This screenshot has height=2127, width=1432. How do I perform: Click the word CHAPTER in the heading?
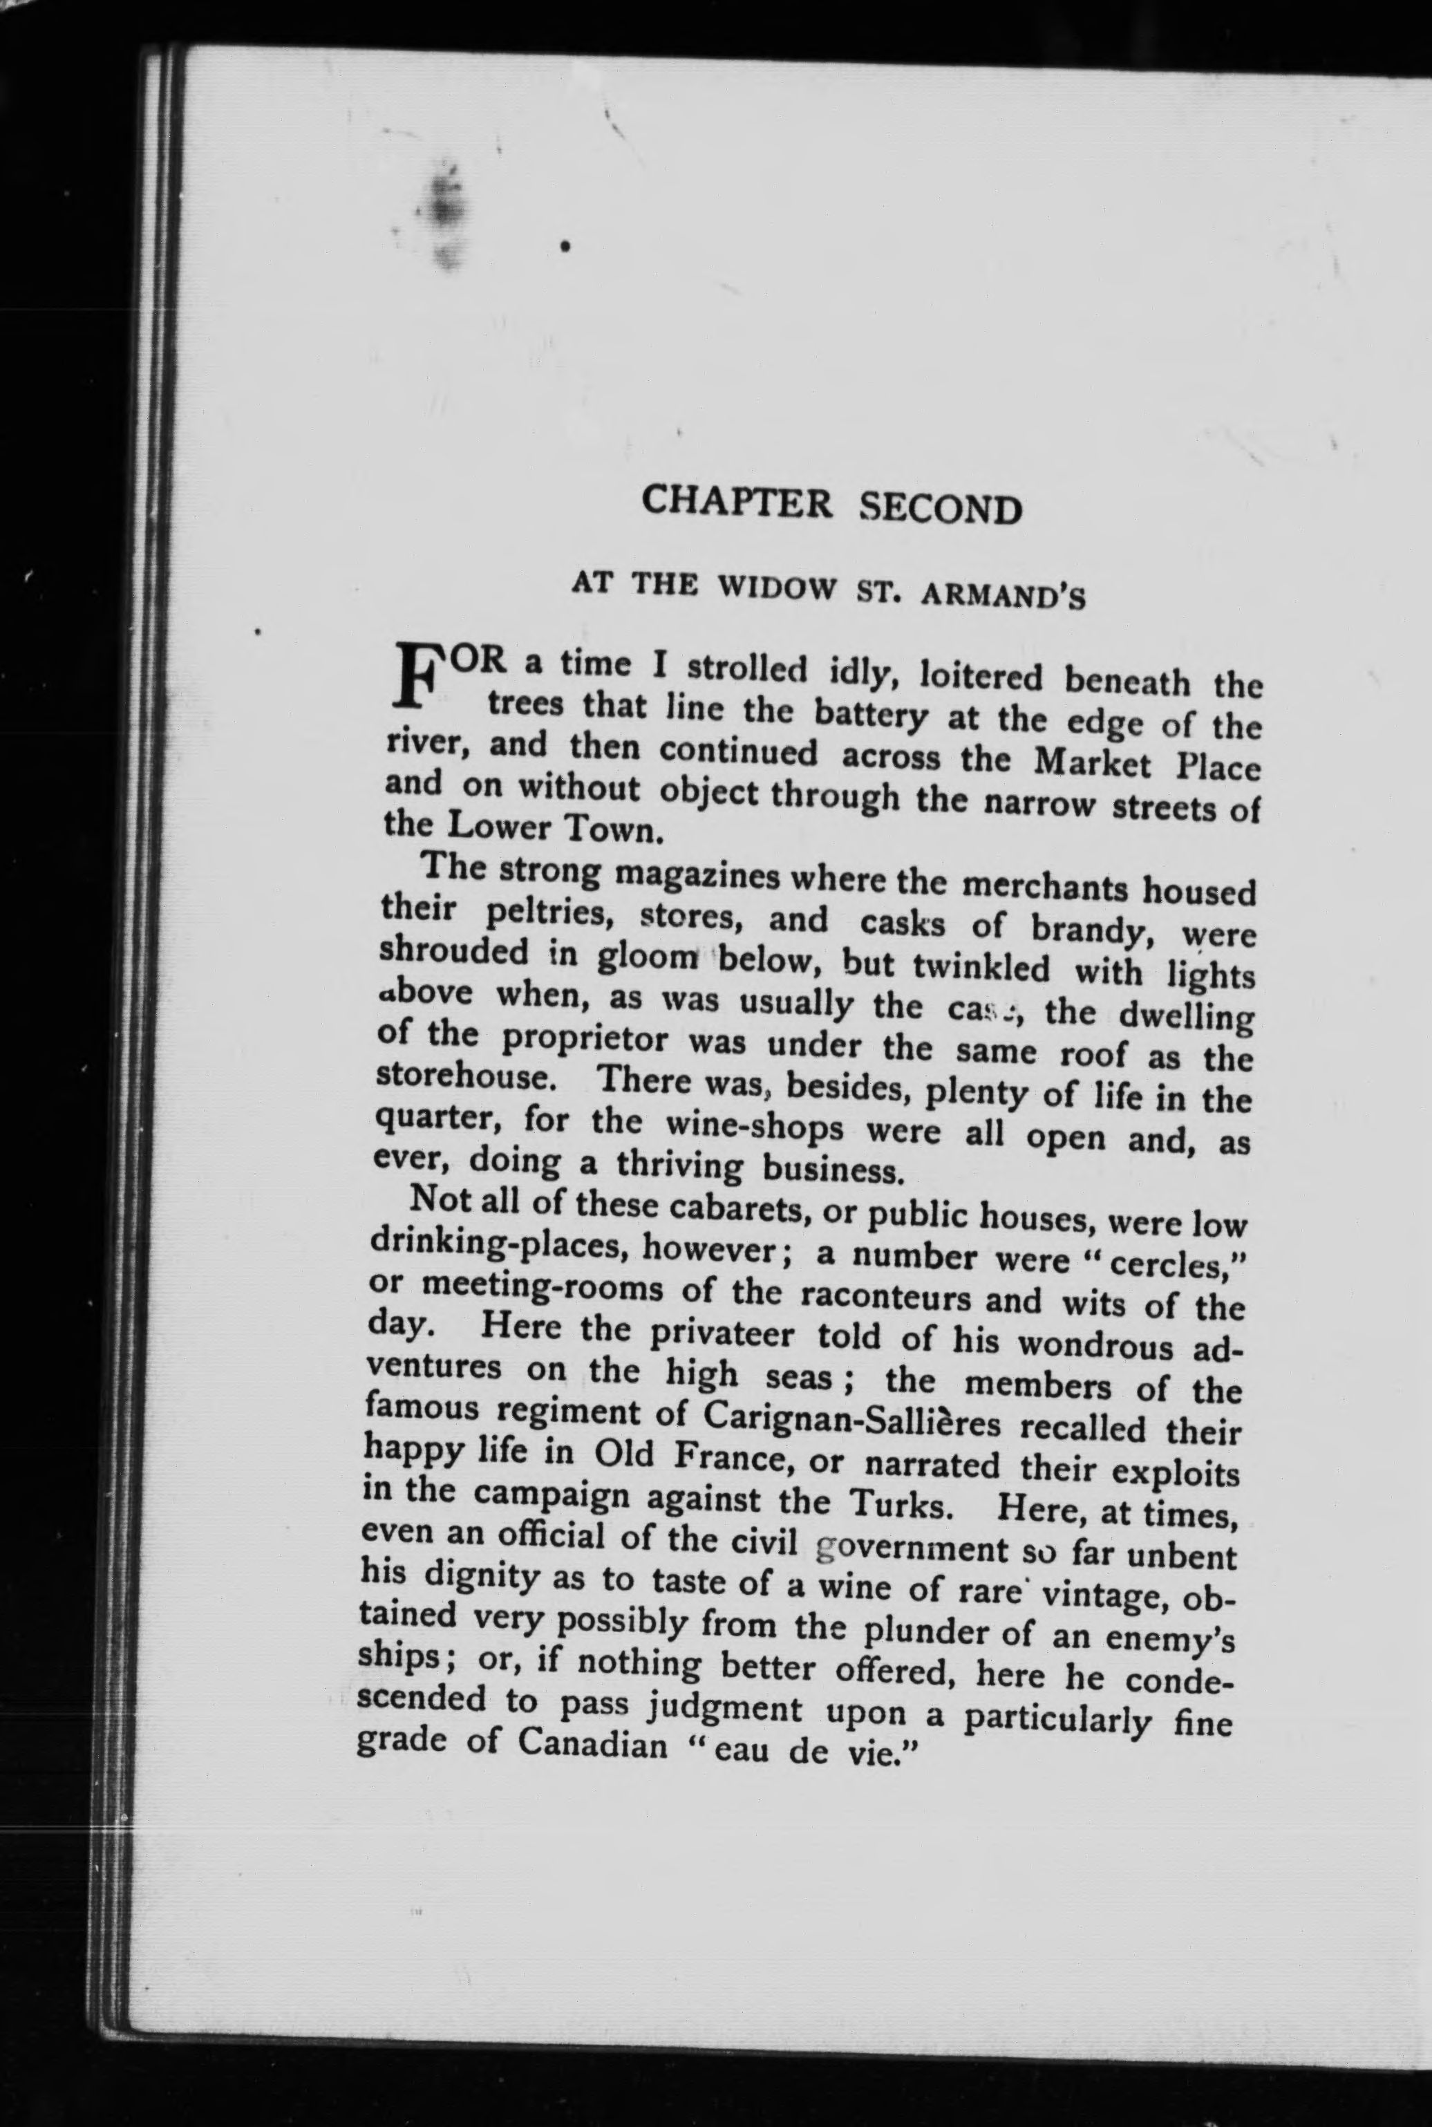tap(736, 503)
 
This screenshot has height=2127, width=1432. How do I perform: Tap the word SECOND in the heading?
tap(941, 508)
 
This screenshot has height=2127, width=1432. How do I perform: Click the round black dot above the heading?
tap(566, 245)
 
